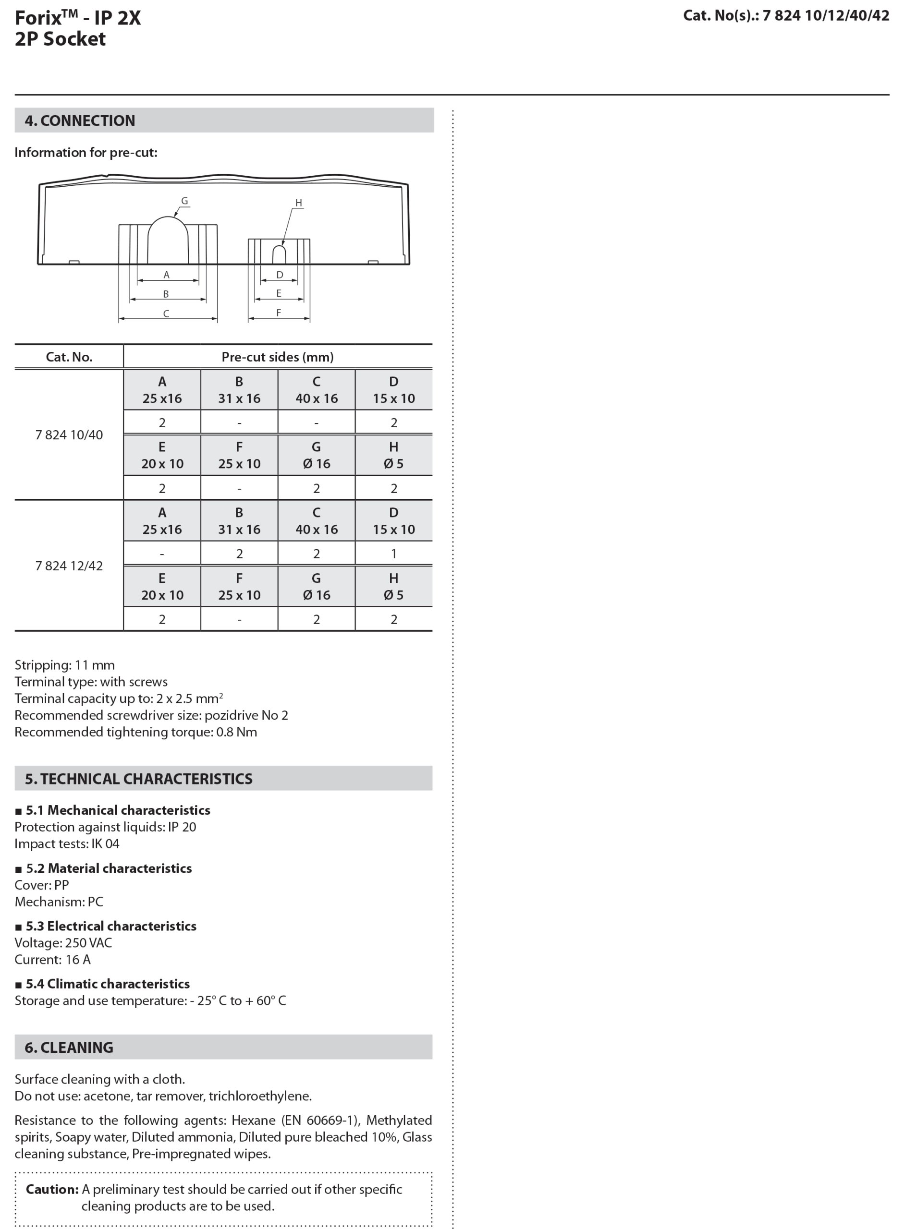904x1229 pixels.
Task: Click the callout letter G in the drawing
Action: click(184, 201)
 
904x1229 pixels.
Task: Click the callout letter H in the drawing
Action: click(298, 204)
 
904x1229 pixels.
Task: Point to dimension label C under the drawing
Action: click(166, 314)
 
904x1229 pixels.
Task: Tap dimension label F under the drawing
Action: click(279, 313)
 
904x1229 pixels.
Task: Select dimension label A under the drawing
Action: click(166, 275)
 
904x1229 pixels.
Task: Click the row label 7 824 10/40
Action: click(69, 435)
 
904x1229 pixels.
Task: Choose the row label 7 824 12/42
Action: click(69, 566)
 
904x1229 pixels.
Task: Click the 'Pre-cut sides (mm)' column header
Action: click(278, 357)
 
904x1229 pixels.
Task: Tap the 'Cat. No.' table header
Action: click(69, 357)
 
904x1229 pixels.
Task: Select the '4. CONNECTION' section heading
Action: click(80, 121)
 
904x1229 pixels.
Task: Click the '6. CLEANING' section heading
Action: click(69, 1048)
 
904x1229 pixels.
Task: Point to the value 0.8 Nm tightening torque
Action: click(236, 732)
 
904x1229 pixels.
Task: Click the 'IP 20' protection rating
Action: click(182, 827)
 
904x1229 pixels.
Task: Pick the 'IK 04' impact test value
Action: click(105, 843)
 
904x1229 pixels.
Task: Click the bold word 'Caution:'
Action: click(52, 1189)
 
